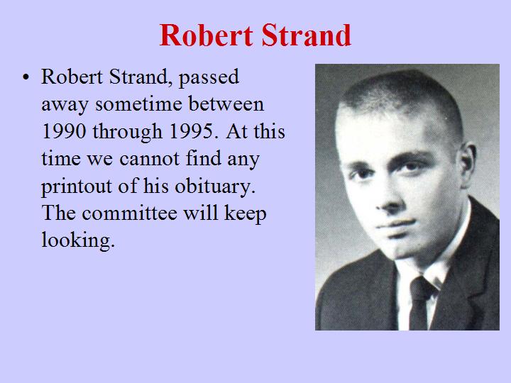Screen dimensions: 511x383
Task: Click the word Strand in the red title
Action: pyautogui.click(x=307, y=35)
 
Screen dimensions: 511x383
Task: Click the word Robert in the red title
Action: pyautogui.click(x=206, y=35)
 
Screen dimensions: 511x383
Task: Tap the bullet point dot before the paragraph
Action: pyautogui.click(x=26, y=77)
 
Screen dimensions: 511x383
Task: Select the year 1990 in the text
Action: pyautogui.click(x=64, y=131)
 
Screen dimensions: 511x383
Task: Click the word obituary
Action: pyautogui.click(x=215, y=187)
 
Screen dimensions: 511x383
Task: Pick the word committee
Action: pyautogui.click(x=129, y=213)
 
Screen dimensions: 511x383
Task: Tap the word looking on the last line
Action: pyautogui.click(x=78, y=240)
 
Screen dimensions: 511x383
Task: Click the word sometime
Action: pyautogui.click(x=138, y=104)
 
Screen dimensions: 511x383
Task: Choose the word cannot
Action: pyautogui.click(x=149, y=159)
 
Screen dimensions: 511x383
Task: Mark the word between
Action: pyautogui.click(x=226, y=104)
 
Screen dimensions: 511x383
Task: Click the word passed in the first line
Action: pyautogui.click(x=209, y=77)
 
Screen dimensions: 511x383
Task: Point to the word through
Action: pyautogui.click(x=128, y=132)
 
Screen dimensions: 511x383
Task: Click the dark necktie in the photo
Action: pyautogui.click(x=419, y=303)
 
